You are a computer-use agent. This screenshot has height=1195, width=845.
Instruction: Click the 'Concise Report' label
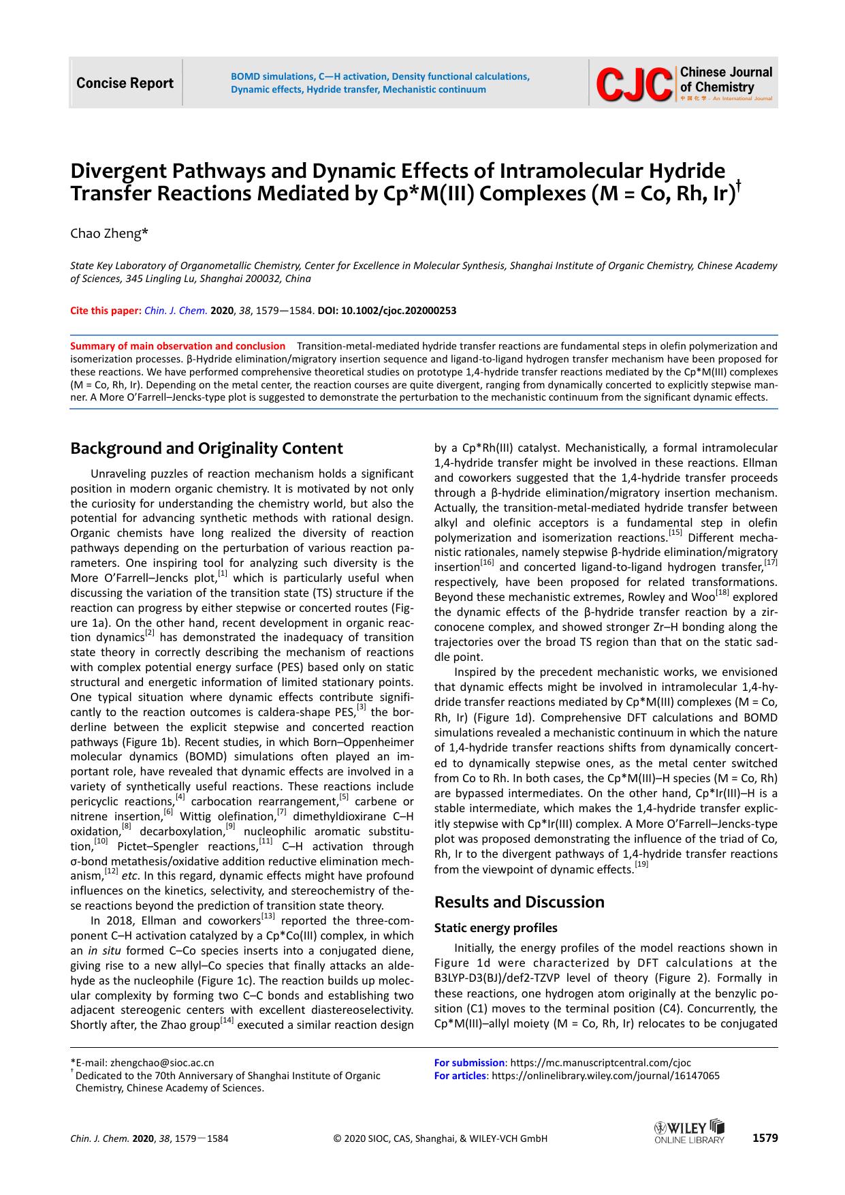click(x=125, y=83)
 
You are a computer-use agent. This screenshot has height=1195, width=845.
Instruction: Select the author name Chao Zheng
click(x=109, y=234)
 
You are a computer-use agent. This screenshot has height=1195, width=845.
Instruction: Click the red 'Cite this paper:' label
click(x=106, y=311)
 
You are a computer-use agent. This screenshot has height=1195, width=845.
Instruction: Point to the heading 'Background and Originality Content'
click(x=207, y=448)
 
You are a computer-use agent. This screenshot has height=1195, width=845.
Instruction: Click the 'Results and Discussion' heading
click(x=519, y=901)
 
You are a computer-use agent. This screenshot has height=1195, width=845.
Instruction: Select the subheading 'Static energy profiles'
click(x=496, y=927)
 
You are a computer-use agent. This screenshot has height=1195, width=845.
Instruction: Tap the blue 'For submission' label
click(x=469, y=1062)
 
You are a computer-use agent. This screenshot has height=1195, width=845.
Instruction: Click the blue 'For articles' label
click(x=460, y=1076)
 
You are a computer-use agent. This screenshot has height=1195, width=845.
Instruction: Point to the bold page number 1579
click(x=764, y=1138)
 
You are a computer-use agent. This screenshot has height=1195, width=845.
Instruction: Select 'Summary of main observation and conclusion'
click(x=178, y=346)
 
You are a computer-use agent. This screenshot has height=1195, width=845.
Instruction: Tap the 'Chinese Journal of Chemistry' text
click(x=726, y=80)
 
